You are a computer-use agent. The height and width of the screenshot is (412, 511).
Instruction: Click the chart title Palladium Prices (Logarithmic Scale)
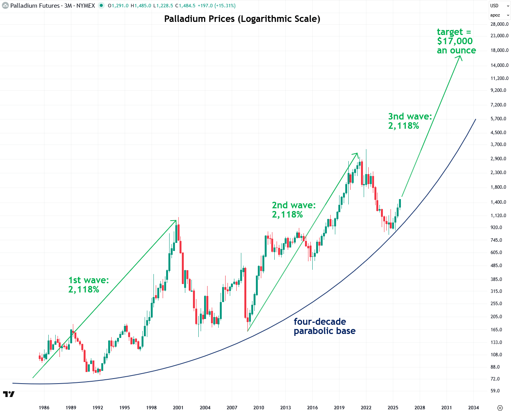(242, 19)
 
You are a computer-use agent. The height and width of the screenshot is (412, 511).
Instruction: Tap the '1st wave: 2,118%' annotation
(89, 285)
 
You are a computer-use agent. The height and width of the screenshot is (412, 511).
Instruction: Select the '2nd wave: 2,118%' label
(293, 210)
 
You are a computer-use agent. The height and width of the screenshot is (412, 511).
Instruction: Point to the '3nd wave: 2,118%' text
(410, 121)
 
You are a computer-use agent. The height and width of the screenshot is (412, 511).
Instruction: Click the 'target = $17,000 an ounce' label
(456, 41)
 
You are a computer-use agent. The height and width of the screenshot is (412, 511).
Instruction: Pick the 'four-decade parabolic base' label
(324, 326)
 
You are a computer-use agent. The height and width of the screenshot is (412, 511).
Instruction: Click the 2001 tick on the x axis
(178, 407)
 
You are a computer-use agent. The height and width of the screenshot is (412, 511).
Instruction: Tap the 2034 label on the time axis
(473, 407)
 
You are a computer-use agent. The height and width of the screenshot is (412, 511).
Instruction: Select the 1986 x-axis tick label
(44, 407)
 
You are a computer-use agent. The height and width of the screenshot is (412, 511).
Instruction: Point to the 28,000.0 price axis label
(499, 24)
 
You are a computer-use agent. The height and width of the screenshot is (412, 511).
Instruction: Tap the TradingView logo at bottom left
(9, 394)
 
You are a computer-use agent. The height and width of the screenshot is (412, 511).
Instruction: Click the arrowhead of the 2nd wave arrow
(357, 154)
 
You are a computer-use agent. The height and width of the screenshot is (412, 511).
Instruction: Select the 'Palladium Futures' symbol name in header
(35, 6)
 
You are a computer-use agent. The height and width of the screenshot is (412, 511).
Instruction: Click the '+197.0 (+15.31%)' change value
(216, 6)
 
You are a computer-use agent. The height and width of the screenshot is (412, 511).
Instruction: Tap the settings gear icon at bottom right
(499, 407)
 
